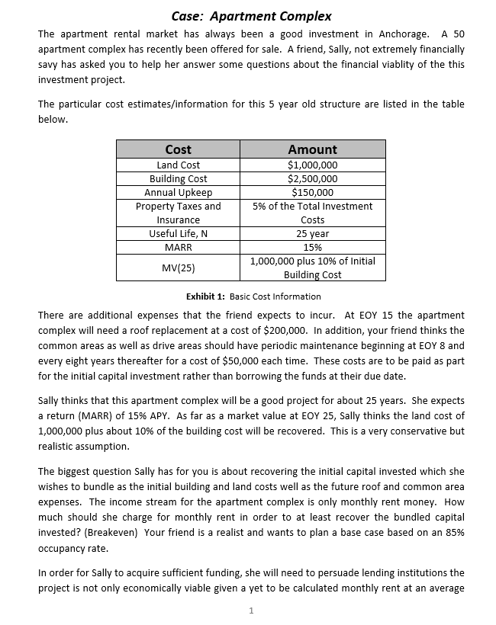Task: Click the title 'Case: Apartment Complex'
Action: (x=251, y=15)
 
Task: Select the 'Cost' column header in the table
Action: (x=178, y=149)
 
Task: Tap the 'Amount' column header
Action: (x=312, y=149)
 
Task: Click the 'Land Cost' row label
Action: (x=178, y=165)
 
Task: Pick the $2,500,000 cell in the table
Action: (x=312, y=178)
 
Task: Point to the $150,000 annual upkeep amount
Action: (x=312, y=192)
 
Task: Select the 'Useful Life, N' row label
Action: (x=178, y=233)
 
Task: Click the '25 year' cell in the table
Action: (x=312, y=233)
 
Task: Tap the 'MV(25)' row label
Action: (x=178, y=268)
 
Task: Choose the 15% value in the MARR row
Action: (x=312, y=247)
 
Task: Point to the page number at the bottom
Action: (x=251, y=610)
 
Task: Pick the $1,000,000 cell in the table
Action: (x=312, y=165)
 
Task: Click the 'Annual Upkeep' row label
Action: (x=178, y=192)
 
